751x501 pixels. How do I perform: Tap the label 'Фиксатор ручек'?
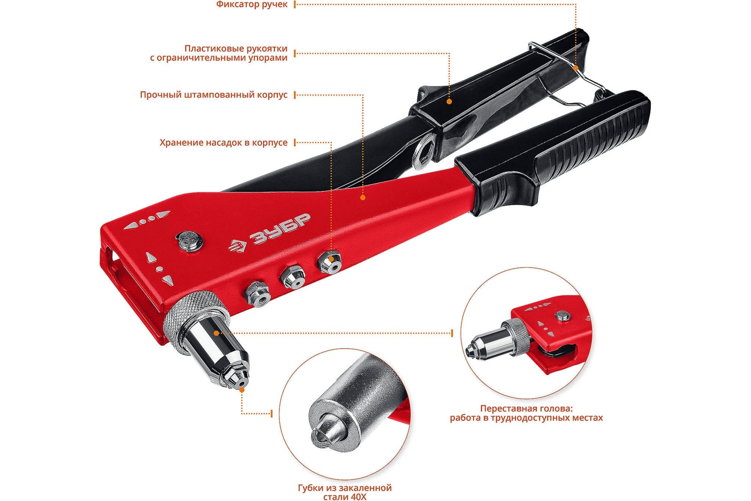tap(252, 5)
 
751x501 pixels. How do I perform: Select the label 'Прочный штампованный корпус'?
tap(214, 95)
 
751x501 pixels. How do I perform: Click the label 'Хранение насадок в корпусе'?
tap(223, 142)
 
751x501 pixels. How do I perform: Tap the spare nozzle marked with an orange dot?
tap(329, 260)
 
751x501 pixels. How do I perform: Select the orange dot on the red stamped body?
tap(363, 198)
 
